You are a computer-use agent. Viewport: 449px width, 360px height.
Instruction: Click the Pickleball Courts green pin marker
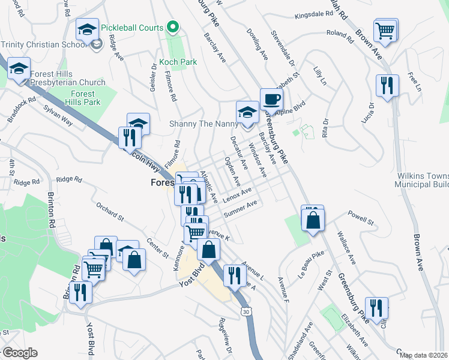point(173,27)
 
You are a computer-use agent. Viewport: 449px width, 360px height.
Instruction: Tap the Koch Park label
point(178,62)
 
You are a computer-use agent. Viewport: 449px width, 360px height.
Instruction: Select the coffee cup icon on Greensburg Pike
point(271,100)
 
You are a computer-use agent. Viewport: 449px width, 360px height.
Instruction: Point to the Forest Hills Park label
point(82,98)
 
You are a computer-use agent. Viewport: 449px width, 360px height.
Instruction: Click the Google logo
point(19,352)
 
